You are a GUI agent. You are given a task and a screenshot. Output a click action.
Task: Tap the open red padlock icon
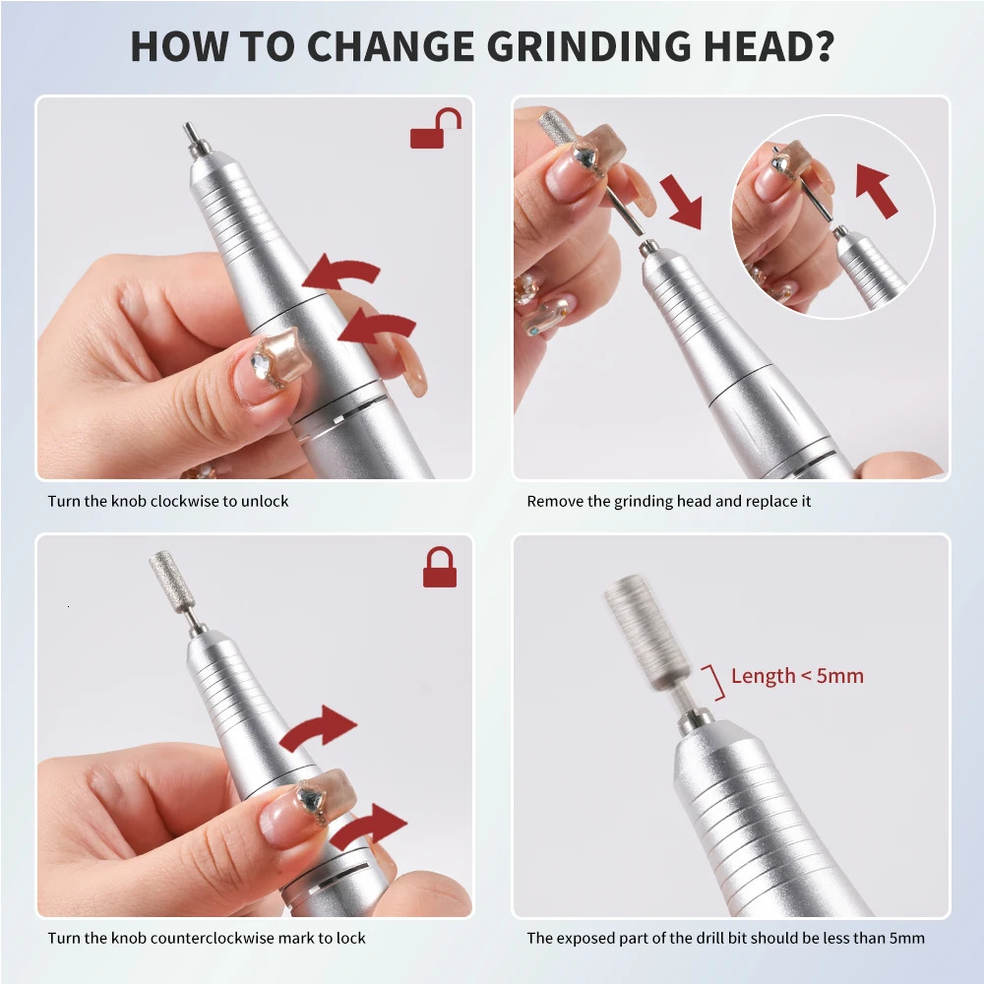(x=436, y=129)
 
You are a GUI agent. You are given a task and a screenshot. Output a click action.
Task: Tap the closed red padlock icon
(x=440, y=567)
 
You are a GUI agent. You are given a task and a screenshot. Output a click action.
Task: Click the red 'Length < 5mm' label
(x=797, y=676)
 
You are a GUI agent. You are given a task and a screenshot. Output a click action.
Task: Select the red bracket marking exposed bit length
(x=716, y=681)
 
